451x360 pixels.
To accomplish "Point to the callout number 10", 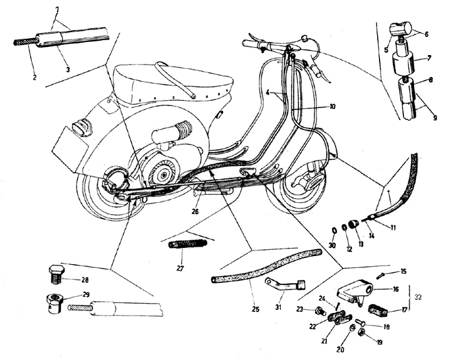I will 331,107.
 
